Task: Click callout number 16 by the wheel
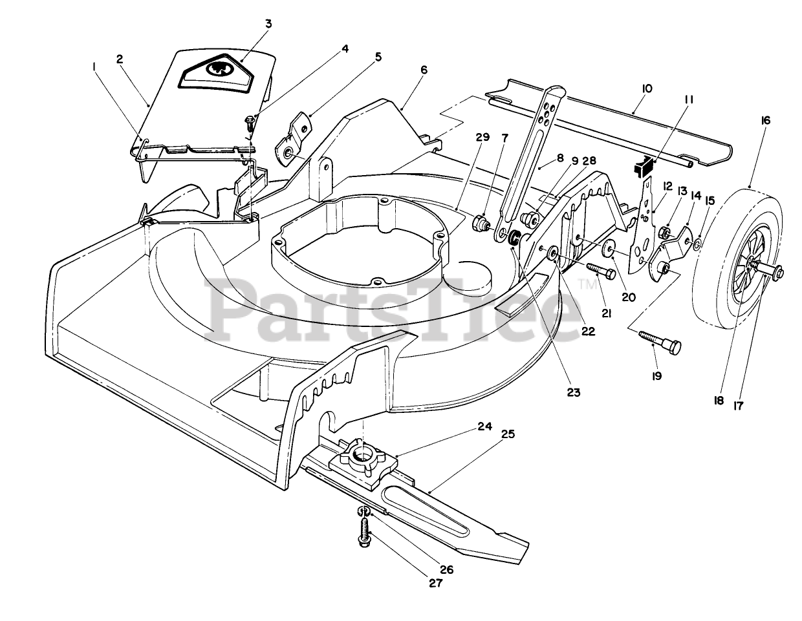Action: tap(766, 120)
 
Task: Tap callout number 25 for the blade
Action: tap(508, 434)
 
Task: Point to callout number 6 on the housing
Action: tap(424, 69)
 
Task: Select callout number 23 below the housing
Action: tap(573, 392)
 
